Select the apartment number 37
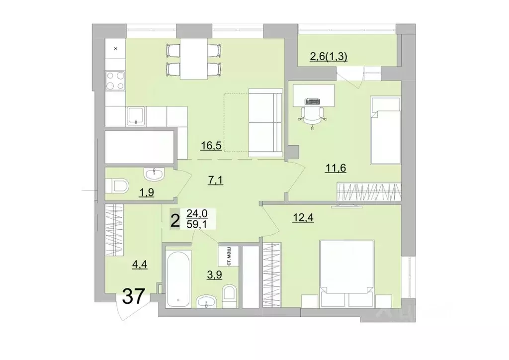click(133, 297)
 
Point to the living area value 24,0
click(197, 214)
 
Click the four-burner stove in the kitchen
click(115, 81)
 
